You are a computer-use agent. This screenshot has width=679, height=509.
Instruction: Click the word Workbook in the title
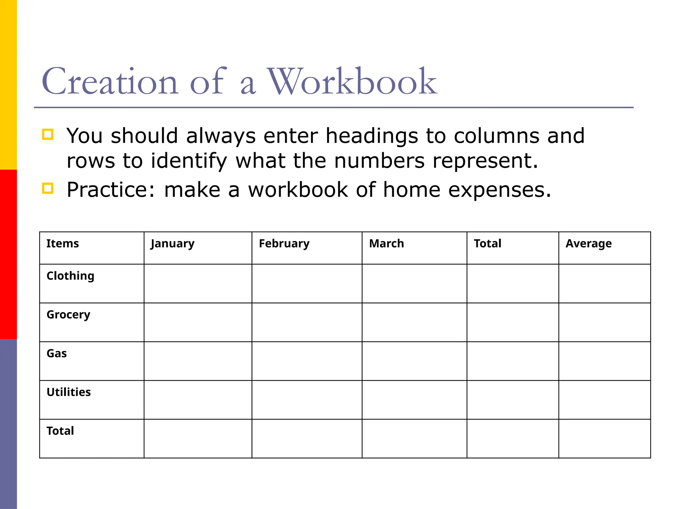(x=352, y=82)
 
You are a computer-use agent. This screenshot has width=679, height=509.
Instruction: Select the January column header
(x=172, y=244)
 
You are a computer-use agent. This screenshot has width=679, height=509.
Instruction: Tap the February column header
(x=284, y=244)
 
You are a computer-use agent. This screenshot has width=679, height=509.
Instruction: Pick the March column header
(x=387, y=244)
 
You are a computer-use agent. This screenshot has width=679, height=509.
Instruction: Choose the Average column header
(x=588, y=244)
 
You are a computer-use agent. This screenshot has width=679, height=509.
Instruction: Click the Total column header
(x=487, y=244)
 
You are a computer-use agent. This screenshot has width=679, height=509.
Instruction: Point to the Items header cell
(x=63, y=244)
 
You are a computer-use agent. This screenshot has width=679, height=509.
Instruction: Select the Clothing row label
(x=70, y=276)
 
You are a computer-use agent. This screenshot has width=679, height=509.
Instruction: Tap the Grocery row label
(x=68, y=315)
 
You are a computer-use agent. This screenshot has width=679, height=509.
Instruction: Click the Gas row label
(x=57, y=354)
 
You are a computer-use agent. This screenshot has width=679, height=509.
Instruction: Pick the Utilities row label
(x=69, y=392)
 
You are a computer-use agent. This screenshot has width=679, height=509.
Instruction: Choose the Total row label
(x=60, y=431)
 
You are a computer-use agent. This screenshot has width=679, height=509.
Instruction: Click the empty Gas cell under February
(x=307, y=361)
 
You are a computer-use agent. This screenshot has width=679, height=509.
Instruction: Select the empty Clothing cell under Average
(x=604, y=284)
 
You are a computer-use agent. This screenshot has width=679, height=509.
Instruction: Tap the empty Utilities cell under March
(x=414, y=400)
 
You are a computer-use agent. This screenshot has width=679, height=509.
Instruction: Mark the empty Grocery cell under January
(x=198, y=322)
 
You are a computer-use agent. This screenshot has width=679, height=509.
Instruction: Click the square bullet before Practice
(x=48, y=188)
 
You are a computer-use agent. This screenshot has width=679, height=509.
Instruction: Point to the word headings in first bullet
(x=372, y=136)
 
